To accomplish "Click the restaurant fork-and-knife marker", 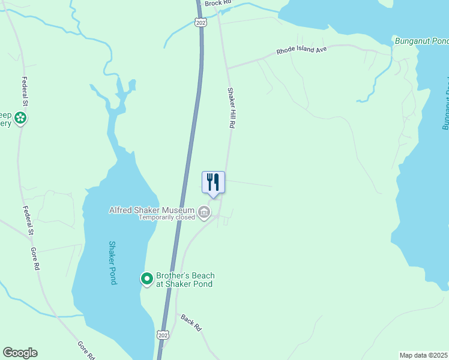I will (213, 182).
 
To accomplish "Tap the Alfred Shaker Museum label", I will (152, 210).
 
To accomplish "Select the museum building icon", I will (204, 211).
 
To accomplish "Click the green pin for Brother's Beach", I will (146, 278).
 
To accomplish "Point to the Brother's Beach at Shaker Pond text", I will (185, 280).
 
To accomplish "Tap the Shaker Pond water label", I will (112, 262).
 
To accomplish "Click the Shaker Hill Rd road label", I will (230, 108).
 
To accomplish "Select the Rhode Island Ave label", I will (301, 50).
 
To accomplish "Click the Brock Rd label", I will (217, 4).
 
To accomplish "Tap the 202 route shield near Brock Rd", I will (200, 22).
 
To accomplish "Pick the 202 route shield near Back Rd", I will (162, 334).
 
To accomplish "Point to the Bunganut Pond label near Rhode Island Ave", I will (421, 41).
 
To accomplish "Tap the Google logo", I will (20, 353).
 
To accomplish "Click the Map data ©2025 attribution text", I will (424, 355).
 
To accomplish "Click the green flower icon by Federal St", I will (21, 118).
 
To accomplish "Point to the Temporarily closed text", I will (167, 217).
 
